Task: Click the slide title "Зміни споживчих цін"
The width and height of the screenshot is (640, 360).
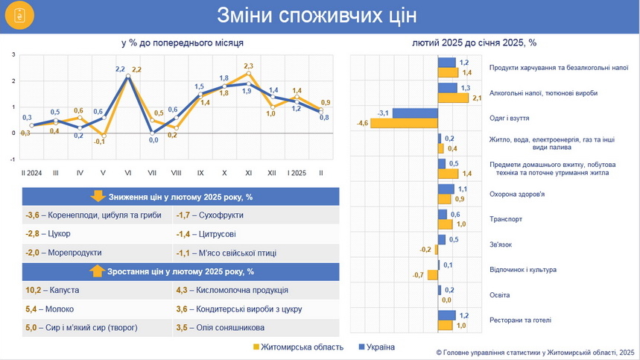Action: click(x=317, y=15)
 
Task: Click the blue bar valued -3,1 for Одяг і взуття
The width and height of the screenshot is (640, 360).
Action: click(x=414, y=113)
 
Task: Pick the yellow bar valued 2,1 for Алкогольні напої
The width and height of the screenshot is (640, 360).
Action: click(x=452, y=98)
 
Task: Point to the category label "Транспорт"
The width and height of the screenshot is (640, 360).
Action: click(x=505, y=219)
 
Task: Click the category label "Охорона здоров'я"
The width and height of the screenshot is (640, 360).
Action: click(x=517, y=194)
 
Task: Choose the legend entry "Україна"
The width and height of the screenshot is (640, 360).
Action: click(x=380, y=347)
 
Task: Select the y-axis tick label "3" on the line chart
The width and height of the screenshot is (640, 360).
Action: click(x=13, y=55)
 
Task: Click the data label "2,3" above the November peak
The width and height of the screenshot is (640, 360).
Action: click(x=249, y=66)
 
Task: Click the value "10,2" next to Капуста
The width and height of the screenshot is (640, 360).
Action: click(x=33, y=290)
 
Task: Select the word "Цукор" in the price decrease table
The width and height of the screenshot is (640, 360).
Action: click(x=60, y=234)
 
